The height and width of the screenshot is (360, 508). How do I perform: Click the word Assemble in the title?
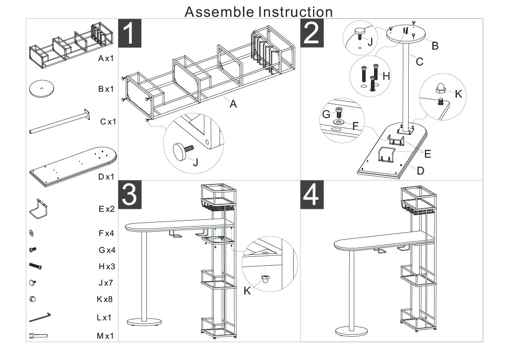[x=218, y=11]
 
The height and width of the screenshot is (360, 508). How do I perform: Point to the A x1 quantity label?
[x=106, y=59]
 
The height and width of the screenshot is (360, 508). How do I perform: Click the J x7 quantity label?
[x=106, y=283]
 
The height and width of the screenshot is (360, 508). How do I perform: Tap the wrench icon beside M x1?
[x=39, y=336]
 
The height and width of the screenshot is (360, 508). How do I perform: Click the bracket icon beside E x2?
[x=38, y=208]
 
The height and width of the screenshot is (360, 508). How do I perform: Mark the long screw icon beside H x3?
[x=38, y=266]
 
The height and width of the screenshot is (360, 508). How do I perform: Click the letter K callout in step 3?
[x=248, y=291]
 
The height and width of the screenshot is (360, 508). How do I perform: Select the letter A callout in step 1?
[x=233, y=104]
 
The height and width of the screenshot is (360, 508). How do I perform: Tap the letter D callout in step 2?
[x=420, y=171]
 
